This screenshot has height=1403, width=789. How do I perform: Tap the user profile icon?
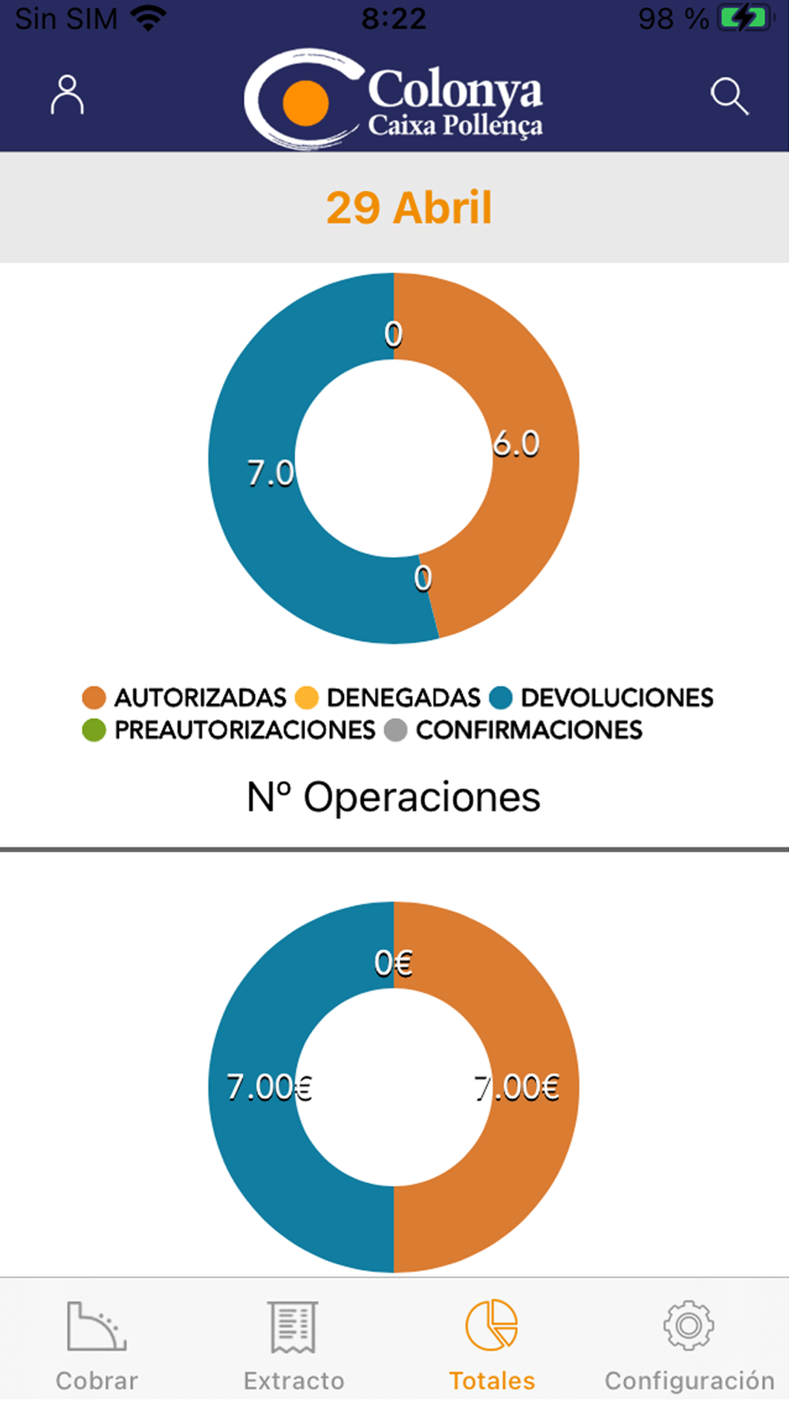click(67, 95)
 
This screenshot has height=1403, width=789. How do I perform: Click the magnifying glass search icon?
click(729, 96)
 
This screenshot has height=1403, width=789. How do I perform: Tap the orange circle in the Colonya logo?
click(305, 103)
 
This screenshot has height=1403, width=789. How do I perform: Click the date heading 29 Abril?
click(409, 208)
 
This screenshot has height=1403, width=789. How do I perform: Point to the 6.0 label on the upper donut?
click(516, 444)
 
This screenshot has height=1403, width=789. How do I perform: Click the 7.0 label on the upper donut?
click(271, 473)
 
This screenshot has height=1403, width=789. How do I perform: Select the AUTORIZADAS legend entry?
click(185, 698)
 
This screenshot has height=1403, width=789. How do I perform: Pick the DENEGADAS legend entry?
click(387, 698)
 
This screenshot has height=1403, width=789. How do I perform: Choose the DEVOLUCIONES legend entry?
click(601, 698)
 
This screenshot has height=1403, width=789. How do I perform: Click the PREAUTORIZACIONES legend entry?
click(229, 730)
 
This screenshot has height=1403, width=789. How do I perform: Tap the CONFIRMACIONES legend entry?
click(514, 730)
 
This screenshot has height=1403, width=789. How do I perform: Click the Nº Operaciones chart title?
click(394, 797)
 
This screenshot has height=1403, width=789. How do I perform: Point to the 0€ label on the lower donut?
click(393, 963)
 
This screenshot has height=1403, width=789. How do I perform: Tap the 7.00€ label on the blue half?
click(269, 1087)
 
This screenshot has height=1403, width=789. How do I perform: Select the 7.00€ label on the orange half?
click(517, 1087)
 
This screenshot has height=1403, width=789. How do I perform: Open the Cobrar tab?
click(97, 1345)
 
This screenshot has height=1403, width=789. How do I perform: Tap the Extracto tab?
click(294, 1345)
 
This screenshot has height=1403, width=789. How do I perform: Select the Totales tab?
click(492, 1345)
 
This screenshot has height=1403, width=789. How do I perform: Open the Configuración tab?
click(689, 1345)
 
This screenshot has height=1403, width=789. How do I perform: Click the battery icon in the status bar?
click(745, 19)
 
